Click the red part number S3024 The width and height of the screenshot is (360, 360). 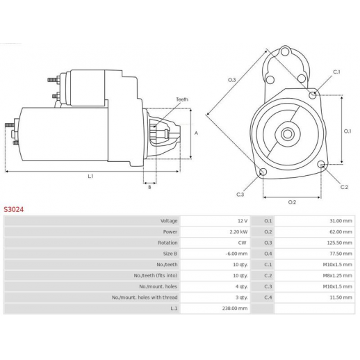[14, 209]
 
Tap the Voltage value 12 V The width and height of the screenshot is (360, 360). [243, 221]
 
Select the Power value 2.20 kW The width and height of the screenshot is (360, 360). [238, 231]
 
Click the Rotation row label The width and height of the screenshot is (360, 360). [167, 243]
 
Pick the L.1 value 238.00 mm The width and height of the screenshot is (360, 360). [235, 309]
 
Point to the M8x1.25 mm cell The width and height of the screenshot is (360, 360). [338, 275]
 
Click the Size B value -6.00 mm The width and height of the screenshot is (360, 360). [236, 254]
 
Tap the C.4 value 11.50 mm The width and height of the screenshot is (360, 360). [341, 297]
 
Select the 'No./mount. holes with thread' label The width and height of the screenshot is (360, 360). [145, 297]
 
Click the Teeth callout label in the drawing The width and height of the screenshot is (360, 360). [182, 99]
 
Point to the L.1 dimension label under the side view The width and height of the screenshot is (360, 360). [90, 177]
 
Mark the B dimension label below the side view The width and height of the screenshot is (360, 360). [149, 187]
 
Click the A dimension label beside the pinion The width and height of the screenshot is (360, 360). [196, 133]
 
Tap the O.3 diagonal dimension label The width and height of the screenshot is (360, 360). [231, 80]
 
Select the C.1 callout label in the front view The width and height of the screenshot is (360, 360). [336, 72]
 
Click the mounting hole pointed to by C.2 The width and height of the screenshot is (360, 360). [321, 164]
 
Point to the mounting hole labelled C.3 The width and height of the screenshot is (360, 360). [263, 172]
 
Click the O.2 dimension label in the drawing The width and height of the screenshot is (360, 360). [292, 202]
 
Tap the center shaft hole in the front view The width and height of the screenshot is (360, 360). [288, 134]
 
